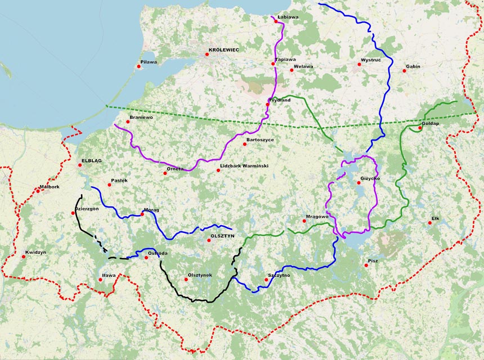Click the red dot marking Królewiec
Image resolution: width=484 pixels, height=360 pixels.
207,55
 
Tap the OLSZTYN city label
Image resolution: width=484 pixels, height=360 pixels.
222,236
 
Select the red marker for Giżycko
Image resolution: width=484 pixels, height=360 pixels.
358,182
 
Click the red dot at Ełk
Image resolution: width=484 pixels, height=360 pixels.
429,223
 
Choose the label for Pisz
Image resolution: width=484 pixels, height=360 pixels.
373,261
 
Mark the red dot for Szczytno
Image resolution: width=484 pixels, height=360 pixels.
266,280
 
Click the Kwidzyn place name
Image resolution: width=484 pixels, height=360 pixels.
35,253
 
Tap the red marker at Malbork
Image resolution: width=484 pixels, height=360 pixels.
38,191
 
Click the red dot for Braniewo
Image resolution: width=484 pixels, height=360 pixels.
128,121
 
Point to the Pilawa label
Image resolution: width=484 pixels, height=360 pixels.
149,62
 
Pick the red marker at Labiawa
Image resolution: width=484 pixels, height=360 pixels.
275,21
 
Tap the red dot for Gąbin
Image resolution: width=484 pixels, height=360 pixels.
404,70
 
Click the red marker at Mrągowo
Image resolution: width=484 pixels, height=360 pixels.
304,220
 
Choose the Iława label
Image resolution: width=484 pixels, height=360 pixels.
108,275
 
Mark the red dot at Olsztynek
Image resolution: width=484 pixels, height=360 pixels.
186,279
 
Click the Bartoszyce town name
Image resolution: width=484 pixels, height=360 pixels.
260,139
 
